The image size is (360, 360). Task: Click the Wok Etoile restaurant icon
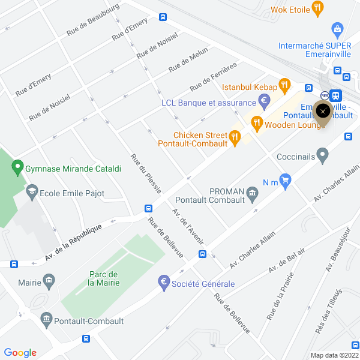click(x=318, y=8)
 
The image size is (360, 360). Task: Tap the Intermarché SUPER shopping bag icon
click(x=337, y=28)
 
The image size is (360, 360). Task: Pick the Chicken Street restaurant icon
click(x=235, y=138)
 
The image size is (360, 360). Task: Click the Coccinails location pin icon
click(x=323, y=157)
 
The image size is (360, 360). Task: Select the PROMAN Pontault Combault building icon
click(x=251, y=193)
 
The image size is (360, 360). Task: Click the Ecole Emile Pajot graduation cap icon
click(x=31, y=193)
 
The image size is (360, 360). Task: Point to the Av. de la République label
click(x=77, y=241)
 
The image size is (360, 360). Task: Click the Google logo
click(x=20, y=353)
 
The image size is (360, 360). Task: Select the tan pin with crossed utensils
click(x=323, y=112)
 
